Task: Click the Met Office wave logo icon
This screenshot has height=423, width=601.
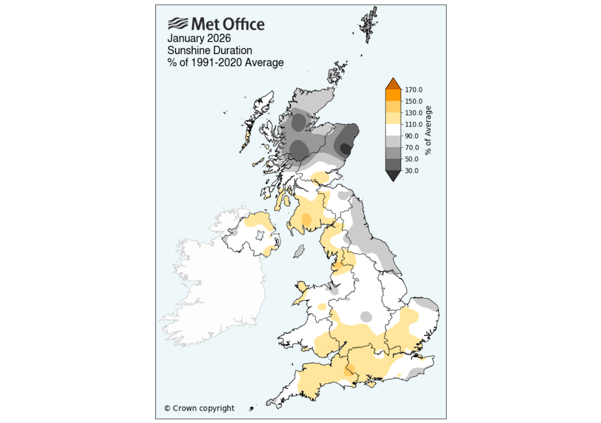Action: (178, 24)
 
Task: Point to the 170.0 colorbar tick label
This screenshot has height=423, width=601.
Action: (413, 90)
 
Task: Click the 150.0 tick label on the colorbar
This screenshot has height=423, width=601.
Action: (413, 102)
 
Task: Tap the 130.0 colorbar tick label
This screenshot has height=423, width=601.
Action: (413, 113)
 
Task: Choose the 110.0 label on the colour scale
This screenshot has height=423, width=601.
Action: (413, 125)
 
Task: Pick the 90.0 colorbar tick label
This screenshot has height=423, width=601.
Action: (411, 136)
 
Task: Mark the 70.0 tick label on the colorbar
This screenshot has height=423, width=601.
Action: (411, 147)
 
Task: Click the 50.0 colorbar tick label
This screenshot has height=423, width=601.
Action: (411, 159)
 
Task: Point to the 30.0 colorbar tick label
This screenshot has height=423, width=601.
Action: (411, 170)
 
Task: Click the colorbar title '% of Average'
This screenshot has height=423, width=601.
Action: (429, 130)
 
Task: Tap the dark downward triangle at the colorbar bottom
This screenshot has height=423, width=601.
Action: (393, 176)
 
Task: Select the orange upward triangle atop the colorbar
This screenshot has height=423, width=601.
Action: (393, 84)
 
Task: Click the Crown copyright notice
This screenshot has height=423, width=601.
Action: (199, 408)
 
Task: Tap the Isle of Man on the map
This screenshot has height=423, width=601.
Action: (298, 251)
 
